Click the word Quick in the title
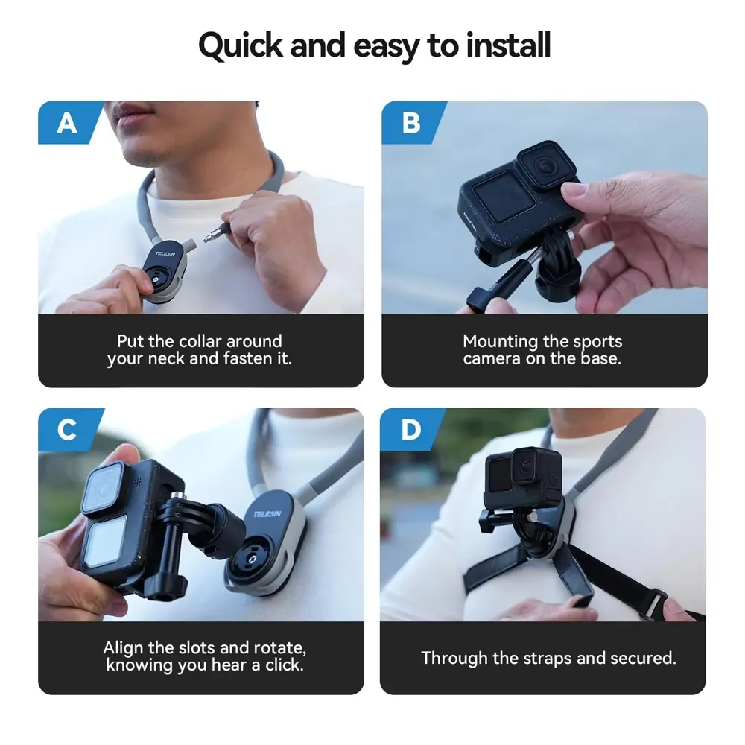(241, 46)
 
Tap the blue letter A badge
(69, 123)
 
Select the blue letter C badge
(68, 430)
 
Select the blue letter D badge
(410, 430)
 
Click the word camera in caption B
(492, 358)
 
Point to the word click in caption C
(284, 665)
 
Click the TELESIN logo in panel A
(165, 254)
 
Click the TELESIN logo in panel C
(267, 514)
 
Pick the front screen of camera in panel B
(504, 196)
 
